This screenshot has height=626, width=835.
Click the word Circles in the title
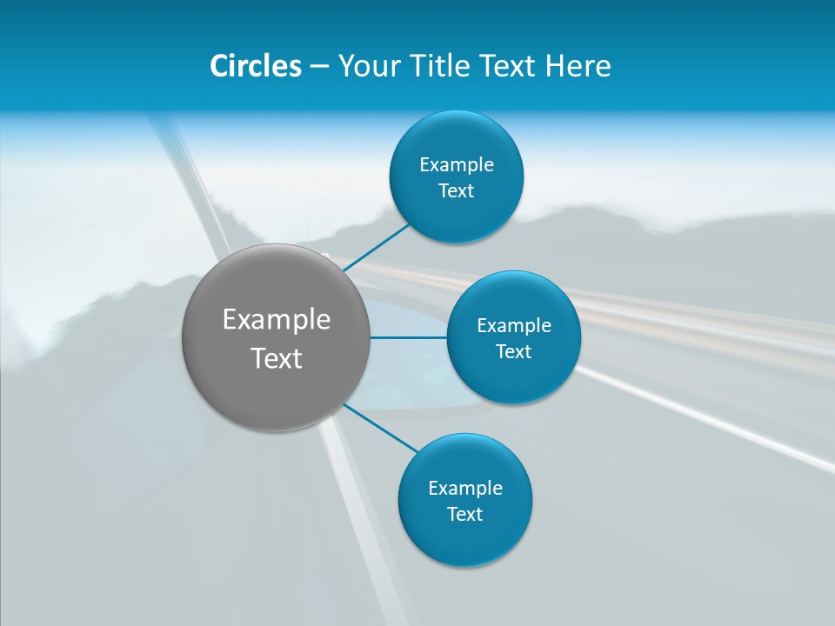pos(256,66)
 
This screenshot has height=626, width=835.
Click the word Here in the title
pos(578,66)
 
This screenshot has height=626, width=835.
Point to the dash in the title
pos(319,67)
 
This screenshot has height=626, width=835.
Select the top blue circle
pos(457,139)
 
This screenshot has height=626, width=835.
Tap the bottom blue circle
pos(465,539)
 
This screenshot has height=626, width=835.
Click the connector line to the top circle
pos(377,248)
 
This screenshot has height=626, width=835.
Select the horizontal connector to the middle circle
pos(409,337)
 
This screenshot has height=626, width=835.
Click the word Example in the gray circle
pos(277,320)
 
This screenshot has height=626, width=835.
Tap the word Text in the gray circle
pos(277,358)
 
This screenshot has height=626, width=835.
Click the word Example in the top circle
pos(457,165)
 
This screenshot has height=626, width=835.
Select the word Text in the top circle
pos(457,191)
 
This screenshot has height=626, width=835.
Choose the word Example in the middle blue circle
pos(514,326)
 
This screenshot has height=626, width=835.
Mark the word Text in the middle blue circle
pos(514,352)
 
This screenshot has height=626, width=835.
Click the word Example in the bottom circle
pos(465,489)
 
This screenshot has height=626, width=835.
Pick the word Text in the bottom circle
pos(465,515)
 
